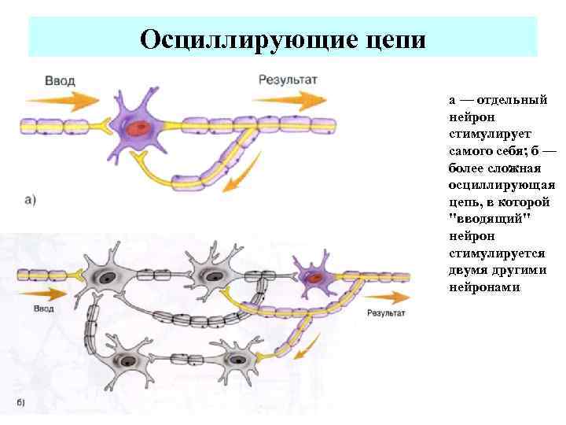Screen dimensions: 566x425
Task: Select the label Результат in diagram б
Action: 385,312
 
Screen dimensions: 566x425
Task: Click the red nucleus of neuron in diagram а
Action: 141,128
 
